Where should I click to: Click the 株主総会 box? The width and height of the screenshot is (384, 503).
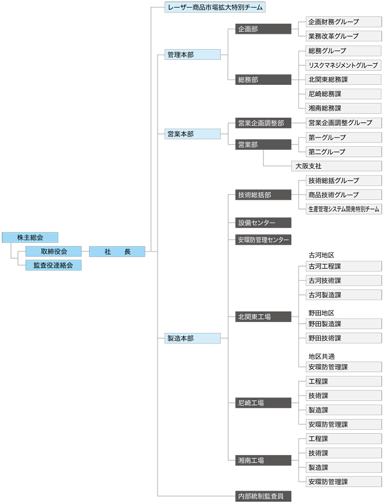[x=30, y=237]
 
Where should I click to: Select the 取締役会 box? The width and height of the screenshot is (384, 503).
[x=54, y=252]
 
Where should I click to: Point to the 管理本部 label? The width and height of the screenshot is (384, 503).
[x=191, y=55]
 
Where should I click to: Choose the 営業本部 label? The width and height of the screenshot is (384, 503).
[x=191, y=134]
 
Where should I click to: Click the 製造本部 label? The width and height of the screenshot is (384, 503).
[x=191, y=338]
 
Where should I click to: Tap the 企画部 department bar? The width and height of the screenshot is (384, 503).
[x=262, y=29]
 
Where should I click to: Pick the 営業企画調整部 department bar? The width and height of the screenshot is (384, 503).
[x=262, y=123]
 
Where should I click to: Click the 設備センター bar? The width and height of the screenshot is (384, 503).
[x=262, y=223]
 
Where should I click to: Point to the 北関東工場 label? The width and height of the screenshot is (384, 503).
[x=262, y=317]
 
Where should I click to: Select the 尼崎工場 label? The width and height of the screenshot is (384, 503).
[x=262, y=403]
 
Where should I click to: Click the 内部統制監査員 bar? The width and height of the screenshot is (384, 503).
[x=262, y=496]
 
